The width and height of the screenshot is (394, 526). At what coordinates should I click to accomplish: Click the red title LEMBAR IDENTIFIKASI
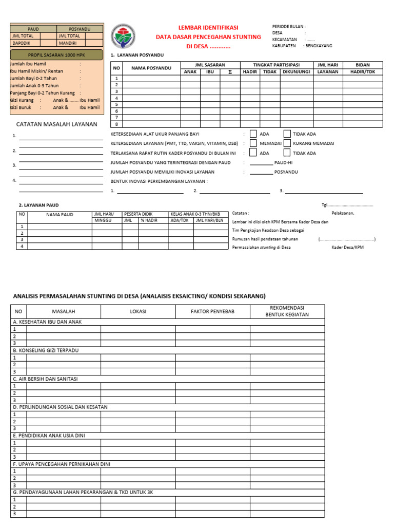208,27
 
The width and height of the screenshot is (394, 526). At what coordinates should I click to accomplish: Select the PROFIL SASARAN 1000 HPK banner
56,54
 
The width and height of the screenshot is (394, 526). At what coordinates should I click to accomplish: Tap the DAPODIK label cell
25,43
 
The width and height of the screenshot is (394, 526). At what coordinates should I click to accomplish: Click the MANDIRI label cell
70,43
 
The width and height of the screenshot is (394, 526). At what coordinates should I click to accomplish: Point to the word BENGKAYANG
319,46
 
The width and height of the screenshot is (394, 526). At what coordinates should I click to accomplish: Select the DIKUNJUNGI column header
296,72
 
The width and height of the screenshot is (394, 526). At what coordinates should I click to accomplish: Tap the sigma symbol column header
230,72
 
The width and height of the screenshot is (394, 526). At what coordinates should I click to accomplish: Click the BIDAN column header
363,65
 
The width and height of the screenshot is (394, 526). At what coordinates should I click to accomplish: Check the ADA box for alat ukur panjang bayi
253,134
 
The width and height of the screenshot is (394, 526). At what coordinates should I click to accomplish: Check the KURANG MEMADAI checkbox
287,143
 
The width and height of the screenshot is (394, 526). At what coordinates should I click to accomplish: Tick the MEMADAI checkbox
253,143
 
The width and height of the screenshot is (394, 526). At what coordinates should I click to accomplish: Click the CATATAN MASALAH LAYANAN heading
56,124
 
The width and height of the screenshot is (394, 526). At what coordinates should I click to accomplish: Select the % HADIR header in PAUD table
149,220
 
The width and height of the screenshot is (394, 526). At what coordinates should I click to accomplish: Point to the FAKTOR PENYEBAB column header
212,311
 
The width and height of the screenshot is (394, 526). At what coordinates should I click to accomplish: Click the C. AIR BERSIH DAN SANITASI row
45,379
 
